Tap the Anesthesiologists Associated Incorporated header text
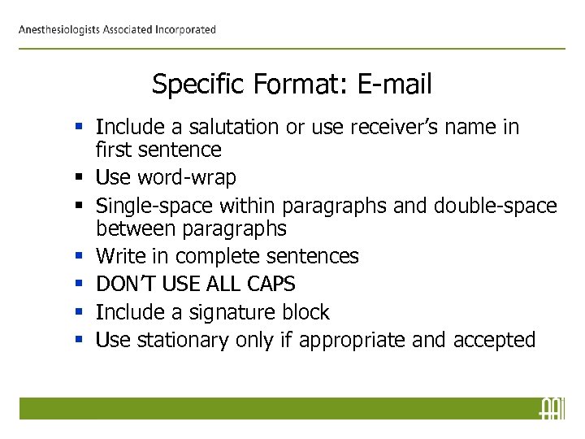(118, 30)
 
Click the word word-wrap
(187, 177)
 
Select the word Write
(119, 256)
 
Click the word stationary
(183, 340)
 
